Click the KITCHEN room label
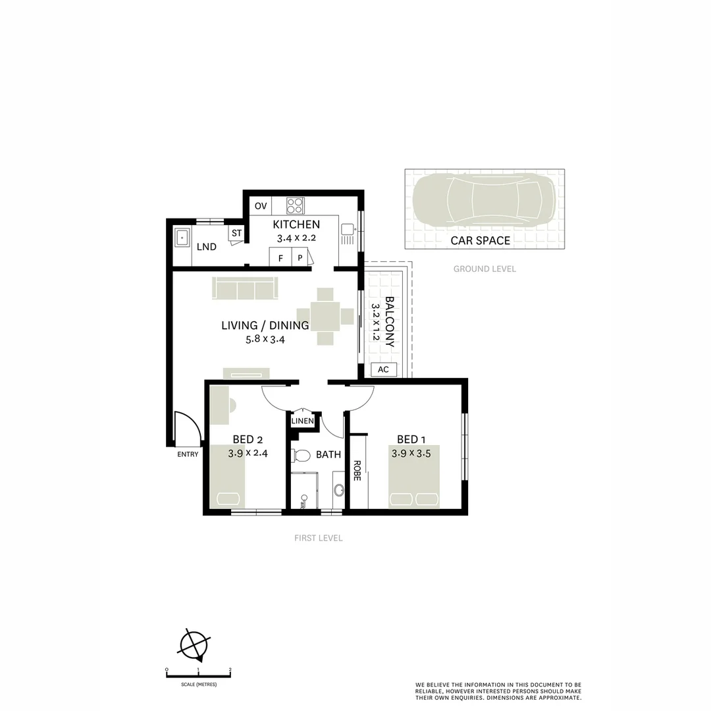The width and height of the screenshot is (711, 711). point(296,224)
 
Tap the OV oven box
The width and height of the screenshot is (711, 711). point(261,206)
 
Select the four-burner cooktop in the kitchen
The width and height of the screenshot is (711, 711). point(295,205)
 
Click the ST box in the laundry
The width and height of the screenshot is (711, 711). point(236,233)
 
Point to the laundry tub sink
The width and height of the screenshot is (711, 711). point(182,237)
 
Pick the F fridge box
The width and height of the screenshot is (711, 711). point(280,258)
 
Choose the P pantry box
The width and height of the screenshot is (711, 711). point(300,258)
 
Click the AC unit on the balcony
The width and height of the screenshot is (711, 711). point(383,369)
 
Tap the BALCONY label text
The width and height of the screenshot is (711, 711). point(389,322)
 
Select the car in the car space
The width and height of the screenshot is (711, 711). point(484,200)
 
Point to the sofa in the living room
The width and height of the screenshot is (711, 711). point(245,288)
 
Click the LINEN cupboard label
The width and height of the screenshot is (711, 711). point(302,421)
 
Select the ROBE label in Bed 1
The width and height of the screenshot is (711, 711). point(357,470)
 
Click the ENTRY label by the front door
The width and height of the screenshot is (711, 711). point(188,454)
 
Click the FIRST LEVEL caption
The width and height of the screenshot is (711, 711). point(318,538)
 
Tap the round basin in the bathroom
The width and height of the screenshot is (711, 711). point(339,490)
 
